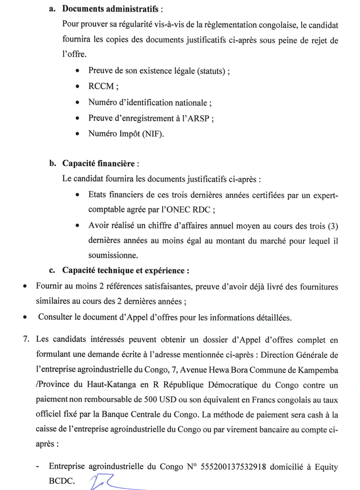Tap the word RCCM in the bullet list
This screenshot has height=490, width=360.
click(101, 87)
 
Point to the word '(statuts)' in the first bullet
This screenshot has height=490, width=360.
click(207, 71)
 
